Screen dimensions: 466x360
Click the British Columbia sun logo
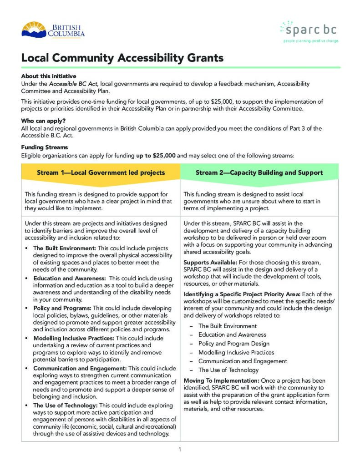[34, 30]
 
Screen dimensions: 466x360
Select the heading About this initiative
[49, 76]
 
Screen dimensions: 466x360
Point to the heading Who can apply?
[43, 121]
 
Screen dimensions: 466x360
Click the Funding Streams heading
[45, 147]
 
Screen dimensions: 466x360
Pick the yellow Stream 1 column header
[101, 173]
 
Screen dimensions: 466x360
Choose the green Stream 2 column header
[259, 173]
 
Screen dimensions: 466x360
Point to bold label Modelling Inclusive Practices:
[74, 338]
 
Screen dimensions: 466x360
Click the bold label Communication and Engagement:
[80, 368]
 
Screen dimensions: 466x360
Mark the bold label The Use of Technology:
[65, 405]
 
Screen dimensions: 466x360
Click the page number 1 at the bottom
[180, 450]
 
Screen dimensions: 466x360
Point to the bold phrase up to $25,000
[156, 155]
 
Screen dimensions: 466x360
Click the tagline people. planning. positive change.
[311, 41]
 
